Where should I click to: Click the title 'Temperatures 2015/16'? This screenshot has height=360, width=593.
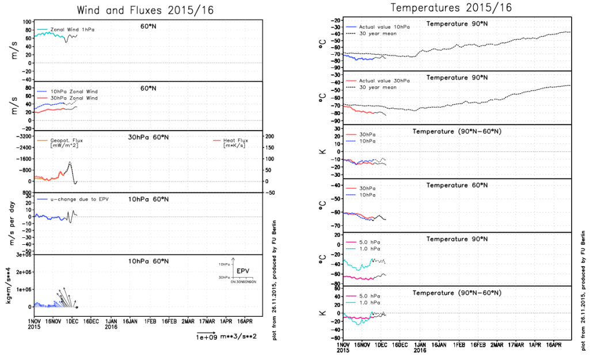coord(450,8)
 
